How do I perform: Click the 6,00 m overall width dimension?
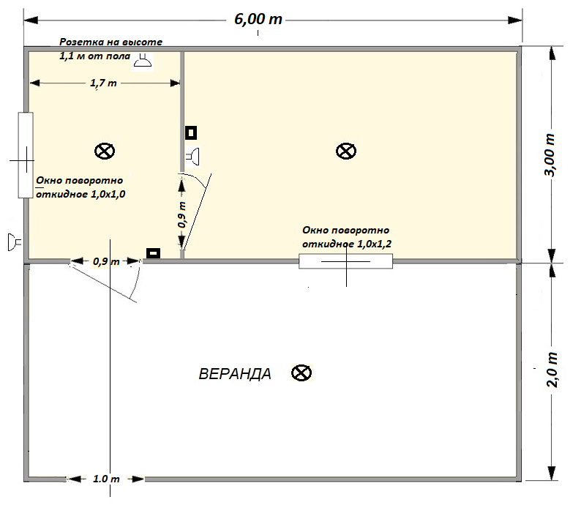(x=258, y=19)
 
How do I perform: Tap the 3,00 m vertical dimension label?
(x=550, y=155)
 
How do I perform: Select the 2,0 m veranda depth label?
(x=552, y=370)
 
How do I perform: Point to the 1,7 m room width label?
(x=103, y=83)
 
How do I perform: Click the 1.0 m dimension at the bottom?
(x=106, y=479)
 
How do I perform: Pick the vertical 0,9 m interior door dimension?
(x=182, y=214)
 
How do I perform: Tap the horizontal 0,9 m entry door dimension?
(x=106, y=261)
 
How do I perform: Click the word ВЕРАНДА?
(x=235, y=374)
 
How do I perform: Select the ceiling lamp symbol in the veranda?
(x=301, y=373)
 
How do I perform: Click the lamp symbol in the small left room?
(x=105, y=151)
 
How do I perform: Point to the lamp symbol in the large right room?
(x=346, y=151)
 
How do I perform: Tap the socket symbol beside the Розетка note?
(x=143, y=61)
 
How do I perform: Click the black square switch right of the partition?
(x=191, y=132)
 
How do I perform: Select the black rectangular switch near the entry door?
(x=153, y=253)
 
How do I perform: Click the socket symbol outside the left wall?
(x=15, y=242)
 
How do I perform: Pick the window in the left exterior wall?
(x=26, y=155)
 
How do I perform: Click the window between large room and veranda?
(x=345, y=261)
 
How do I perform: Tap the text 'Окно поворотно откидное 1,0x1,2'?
(x=347, y=236)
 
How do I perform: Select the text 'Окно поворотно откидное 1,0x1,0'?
(x=80, y=187)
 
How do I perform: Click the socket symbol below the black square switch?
(x=192, y=157)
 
